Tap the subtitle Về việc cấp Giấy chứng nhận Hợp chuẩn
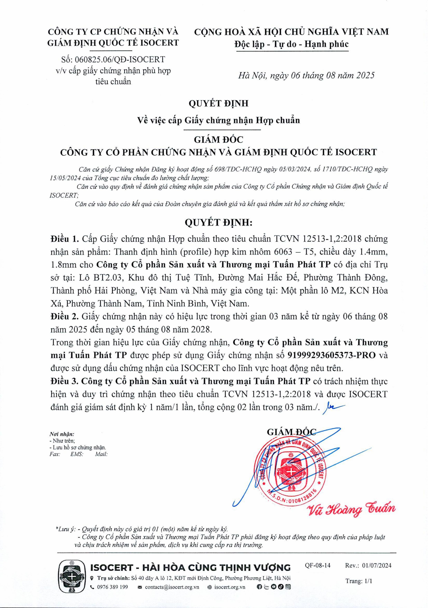click(x=219, y=120)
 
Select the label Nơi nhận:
click(x=62, y=434)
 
